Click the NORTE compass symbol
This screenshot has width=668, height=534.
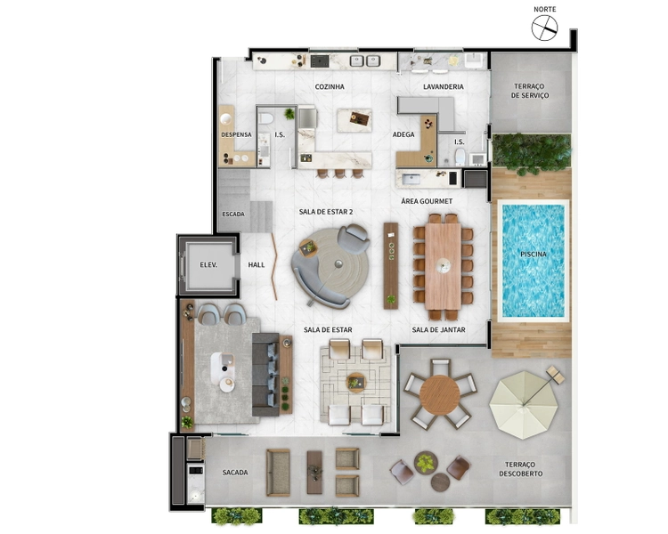544,28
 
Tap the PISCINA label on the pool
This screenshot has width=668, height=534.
533,255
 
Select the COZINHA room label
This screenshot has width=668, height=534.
330,87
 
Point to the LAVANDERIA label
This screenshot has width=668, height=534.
443,87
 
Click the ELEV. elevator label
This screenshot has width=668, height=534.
208,265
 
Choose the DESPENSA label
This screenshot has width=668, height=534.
236,134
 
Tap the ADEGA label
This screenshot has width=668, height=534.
403,134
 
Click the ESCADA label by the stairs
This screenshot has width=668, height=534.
233,214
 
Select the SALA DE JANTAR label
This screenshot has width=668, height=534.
438,329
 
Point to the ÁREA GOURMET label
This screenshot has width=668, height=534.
427,201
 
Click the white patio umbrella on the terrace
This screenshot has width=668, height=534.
523,405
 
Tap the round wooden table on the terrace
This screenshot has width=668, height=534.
440,395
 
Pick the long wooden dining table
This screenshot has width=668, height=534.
443,266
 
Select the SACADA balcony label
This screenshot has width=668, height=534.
235,473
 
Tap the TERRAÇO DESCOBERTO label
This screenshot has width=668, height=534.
521,469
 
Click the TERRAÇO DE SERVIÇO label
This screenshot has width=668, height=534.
530,91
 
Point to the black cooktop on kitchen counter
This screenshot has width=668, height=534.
320,61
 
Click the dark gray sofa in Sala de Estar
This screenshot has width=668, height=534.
265,375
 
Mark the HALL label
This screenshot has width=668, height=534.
257,265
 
